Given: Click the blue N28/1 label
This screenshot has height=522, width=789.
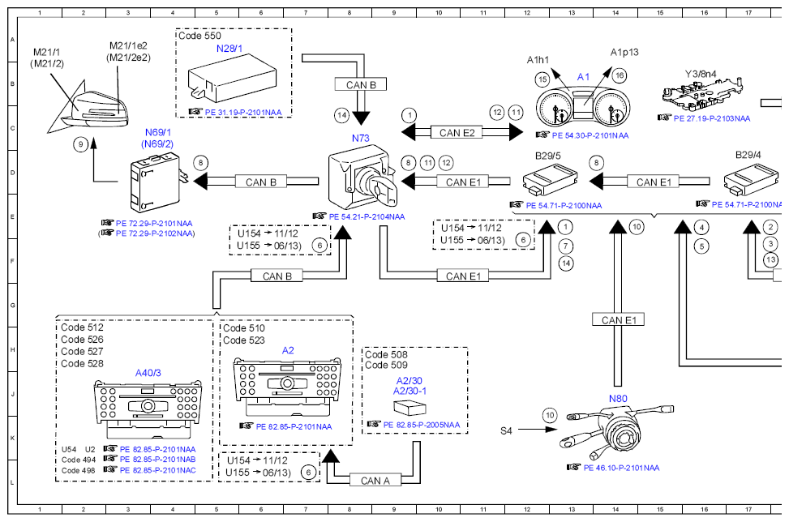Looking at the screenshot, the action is (229, 49).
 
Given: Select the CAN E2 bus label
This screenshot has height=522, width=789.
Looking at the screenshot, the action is (457, 133).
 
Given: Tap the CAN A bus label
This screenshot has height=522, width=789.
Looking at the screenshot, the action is (375, 481).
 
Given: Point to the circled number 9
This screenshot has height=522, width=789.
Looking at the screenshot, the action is (80, 144).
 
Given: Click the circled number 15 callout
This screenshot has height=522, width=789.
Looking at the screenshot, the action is (542, 79).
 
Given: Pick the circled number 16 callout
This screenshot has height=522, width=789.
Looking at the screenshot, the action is (619, 75).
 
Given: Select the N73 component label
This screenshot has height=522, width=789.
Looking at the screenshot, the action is (361, 139).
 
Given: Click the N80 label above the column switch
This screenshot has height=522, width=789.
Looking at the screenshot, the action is (618, 399).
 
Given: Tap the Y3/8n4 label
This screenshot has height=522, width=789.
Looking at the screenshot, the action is (701, 74).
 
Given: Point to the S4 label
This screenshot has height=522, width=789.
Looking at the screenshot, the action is (506, 430).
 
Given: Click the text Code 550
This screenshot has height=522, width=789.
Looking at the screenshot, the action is (199, 36).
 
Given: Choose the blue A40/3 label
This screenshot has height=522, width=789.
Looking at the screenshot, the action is (148, 373).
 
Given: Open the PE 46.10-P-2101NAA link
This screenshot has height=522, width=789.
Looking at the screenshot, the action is (621, 468).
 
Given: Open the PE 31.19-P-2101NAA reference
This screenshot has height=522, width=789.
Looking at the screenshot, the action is (243, 112).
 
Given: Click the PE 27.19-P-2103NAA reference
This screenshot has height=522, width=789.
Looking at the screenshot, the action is (712, 118).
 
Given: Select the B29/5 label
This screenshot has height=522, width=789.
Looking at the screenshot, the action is (548, 156).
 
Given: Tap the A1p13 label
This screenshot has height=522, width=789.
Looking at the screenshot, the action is (624, 53).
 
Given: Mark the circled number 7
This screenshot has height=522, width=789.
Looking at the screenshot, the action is (565, 246).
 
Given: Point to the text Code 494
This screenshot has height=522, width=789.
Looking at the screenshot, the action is (79, 460).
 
